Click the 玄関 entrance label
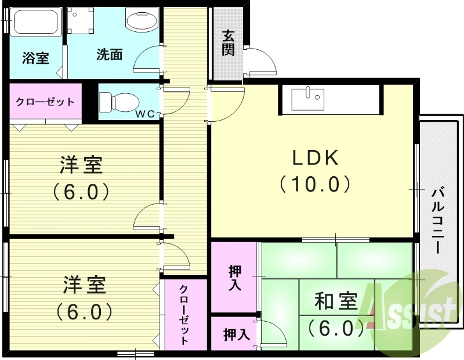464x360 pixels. tap(228, 43)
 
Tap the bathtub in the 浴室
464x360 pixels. tap(35, 22)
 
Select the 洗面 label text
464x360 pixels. tap(109, 55)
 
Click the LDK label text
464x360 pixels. tap(314, 158)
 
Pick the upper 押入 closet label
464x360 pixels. tap(235, 278)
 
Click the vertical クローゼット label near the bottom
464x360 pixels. tap(183, 315)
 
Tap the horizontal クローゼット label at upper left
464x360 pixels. tap(45, 102)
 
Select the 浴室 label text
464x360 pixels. tap(35, 58)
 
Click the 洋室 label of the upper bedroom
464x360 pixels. tap(82, 166)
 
